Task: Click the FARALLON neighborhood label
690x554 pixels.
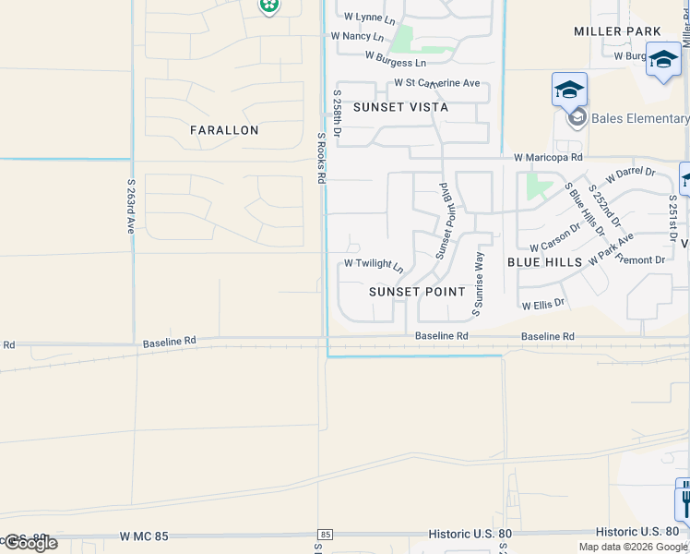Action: click(x=224, y=130)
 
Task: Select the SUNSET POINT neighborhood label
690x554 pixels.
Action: click(x=418, y=292)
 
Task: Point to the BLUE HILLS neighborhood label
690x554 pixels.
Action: click(x=544, y=262)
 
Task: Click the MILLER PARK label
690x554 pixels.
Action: click(x=617, y=31)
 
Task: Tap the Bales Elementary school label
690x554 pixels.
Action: click(x=639, y=118)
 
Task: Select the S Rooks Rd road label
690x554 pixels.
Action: click(x=321, y=158)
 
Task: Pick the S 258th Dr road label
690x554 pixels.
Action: click(x=337, y=114)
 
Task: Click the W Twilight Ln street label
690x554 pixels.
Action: click(x=374, y=265)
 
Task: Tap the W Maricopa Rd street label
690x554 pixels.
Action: click(x=549, y=158)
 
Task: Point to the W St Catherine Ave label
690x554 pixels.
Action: click(x=437, y=83)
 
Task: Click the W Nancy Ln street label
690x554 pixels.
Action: click(x=357, y=36)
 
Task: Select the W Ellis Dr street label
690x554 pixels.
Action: click(x=542, y=303)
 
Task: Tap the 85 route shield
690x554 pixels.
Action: click(x=325, y=535)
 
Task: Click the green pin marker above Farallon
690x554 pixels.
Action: click(x=268, y=6)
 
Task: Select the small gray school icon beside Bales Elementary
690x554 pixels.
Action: click(x=577, y=118)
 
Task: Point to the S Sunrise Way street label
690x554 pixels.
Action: click(x=478, y=284)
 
